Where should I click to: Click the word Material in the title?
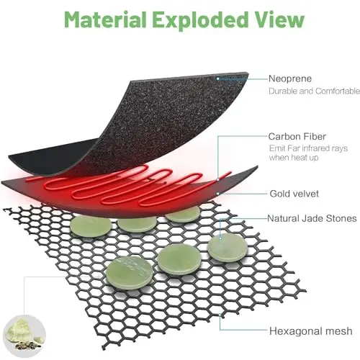105,19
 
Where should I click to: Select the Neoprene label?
290,78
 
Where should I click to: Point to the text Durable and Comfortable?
314,91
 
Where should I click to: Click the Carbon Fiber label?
297,137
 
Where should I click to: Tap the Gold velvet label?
294,194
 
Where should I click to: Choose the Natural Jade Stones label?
312,218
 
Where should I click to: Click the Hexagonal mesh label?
311,331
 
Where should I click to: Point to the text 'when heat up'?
294,158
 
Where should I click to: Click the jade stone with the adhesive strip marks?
130,272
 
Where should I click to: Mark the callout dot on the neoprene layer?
218,78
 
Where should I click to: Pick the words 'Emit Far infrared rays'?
308,148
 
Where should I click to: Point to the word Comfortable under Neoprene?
338,91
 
